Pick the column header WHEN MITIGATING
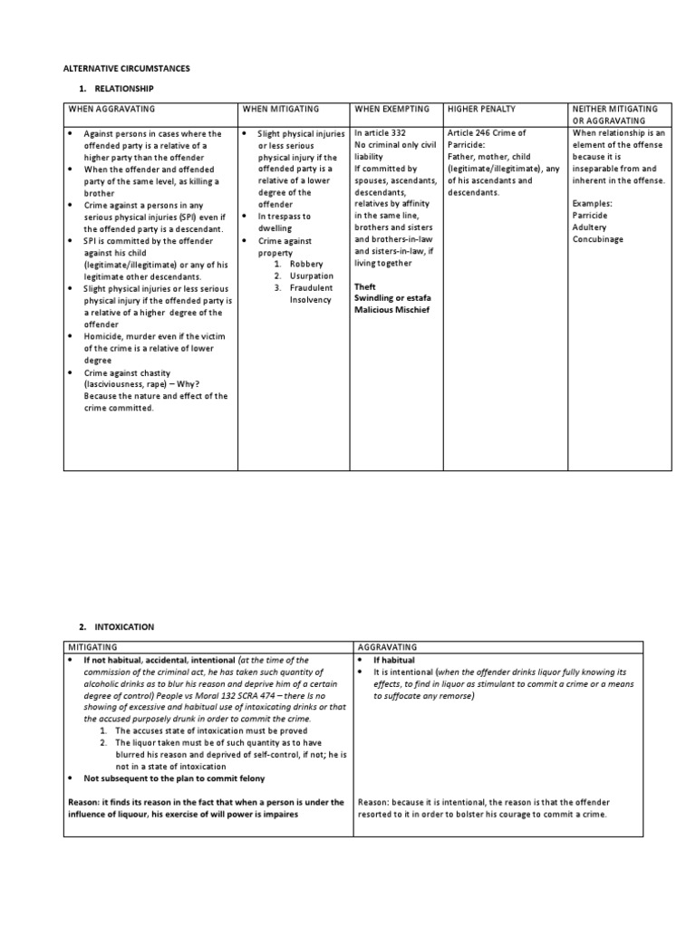[x=280, y=109]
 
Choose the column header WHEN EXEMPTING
[x=391, y=109]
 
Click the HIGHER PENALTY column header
[x=481, y=109]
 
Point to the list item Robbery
[x=308, y=264]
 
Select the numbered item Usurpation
[x=312, y=275]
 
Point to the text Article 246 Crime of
[x=487, y=133]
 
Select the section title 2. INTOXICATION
[x=116, y=627]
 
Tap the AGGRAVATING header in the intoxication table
[x=388, y=648]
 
